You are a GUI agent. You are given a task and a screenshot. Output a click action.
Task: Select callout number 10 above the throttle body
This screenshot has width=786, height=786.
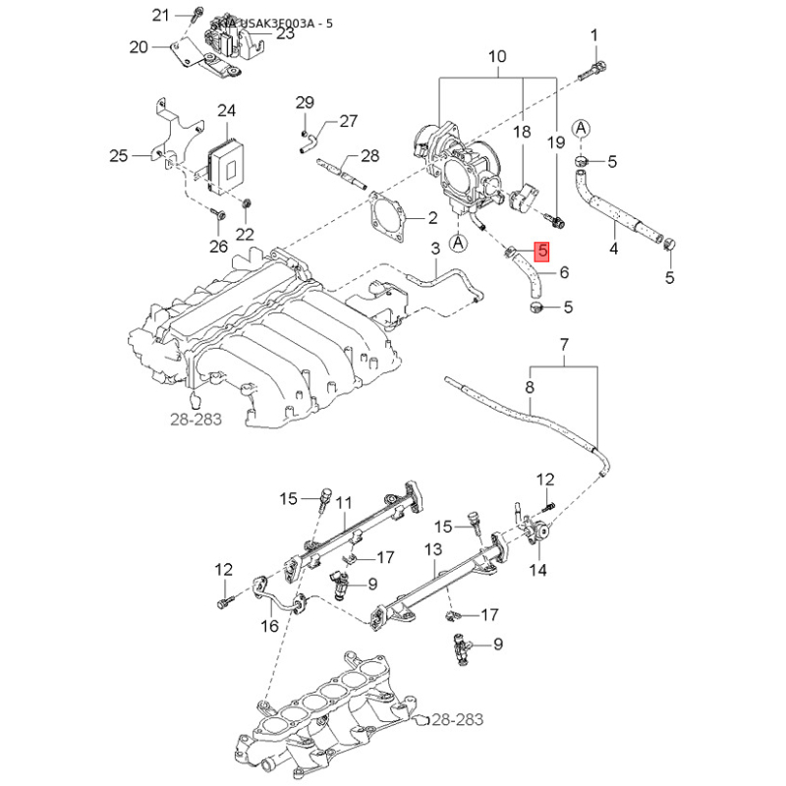point(497,57)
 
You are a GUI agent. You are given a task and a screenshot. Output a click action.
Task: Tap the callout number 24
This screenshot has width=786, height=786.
point(228,110)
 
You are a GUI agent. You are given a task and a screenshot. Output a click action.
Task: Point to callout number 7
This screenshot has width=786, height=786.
point(565,344)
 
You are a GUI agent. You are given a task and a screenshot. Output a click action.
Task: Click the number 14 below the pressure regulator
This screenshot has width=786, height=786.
point(539,570)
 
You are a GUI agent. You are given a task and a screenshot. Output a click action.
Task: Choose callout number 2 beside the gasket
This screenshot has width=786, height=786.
point(431,217)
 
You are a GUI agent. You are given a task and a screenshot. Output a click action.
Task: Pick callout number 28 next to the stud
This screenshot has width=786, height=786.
point(369,156)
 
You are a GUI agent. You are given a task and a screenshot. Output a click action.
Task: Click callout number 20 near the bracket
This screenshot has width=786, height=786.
point(138,46)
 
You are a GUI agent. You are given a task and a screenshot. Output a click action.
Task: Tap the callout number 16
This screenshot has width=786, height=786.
point(269,626)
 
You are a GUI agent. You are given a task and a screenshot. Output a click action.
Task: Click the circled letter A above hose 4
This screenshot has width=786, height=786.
point(582,129)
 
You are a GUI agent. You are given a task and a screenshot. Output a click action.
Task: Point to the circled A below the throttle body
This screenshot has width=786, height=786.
point(457,241)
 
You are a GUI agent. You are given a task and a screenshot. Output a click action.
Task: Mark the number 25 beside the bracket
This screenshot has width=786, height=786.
point(119,155)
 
